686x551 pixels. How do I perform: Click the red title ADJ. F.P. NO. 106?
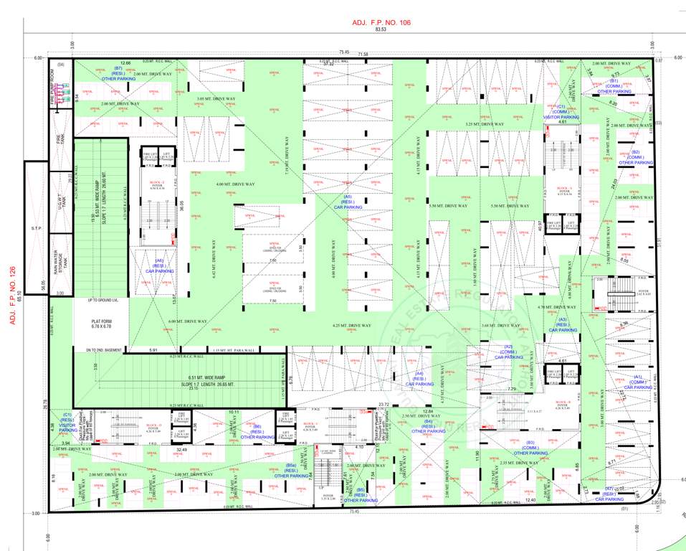(381, 23)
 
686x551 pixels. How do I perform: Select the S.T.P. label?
(36, 229)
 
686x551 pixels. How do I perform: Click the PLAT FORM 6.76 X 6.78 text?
(99, 324)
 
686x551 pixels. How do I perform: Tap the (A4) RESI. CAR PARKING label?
(419, 379)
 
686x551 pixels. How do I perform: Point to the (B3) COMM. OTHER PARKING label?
(530, 448)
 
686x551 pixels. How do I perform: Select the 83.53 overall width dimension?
(381, 29)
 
